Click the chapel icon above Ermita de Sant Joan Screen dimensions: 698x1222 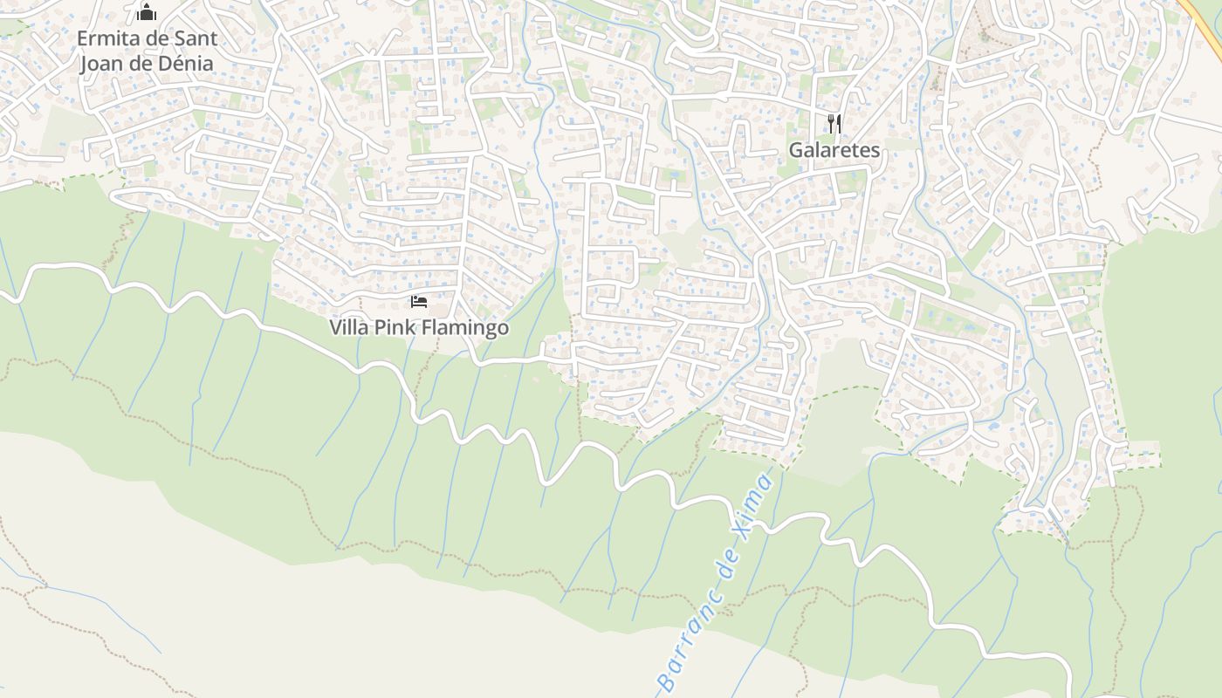(x=147, y=12)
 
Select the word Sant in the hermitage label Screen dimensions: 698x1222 (x=194, y=38)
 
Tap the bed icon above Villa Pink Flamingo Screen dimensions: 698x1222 (x=419, y=302)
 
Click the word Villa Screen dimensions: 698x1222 (x=347, y=328)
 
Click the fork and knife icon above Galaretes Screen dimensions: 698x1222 (x=834, y=123)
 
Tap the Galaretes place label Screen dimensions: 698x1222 (x=834, y=150)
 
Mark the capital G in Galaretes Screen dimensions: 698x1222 (x=796, y=150)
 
